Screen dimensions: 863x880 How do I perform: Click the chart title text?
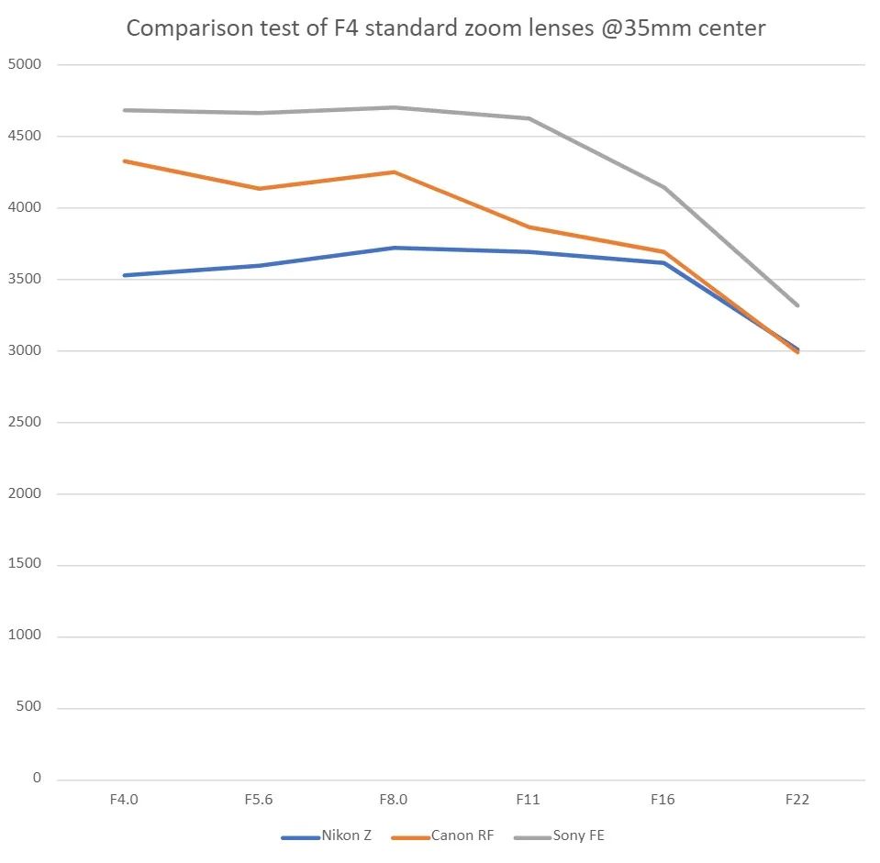(445, 28)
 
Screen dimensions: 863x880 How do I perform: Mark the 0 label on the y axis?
(37, 779)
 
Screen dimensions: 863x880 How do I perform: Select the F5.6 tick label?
(258, 800)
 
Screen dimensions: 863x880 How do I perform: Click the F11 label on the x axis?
(528, 800)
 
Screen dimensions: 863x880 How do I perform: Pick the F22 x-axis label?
(796, 800)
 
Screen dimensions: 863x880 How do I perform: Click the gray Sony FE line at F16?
(663, 187)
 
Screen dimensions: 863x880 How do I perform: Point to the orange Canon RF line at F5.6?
(258, 189)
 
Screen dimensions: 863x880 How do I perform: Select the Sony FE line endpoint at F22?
(796, 304)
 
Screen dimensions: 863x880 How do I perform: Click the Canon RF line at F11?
(528, 227)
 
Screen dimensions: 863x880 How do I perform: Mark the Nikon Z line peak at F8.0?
(393, 248)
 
